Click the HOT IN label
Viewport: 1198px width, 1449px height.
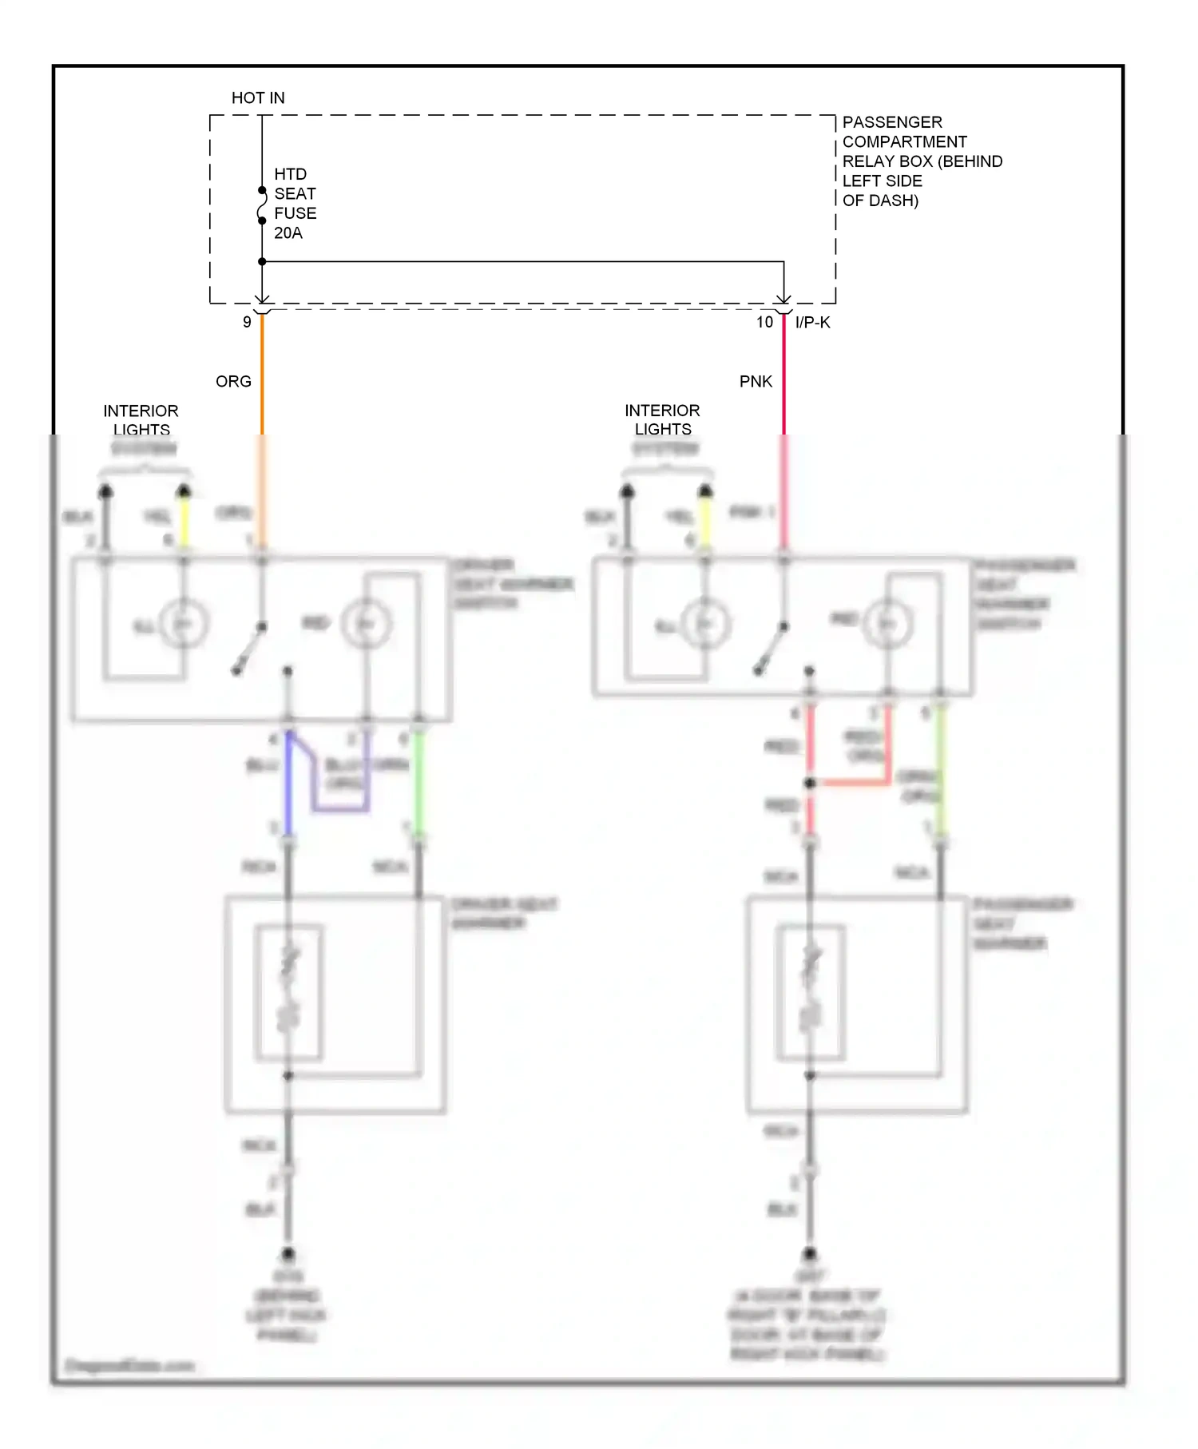pyautogui.click(x=258, y=98)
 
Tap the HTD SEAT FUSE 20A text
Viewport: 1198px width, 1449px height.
pyautogui.click(x=295, y=204)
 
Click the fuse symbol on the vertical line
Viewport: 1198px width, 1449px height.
pyautogui.click(x=262, y=205)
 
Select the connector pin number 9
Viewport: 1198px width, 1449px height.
pyautogui.click(x=247, y=322)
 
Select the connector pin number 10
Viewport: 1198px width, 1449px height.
pyautogui.click(x=764, y=322)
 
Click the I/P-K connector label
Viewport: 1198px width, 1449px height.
pyautogui.click(x=812, y=322)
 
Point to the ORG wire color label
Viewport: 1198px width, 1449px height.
pyautogui.click(x=233, y=382)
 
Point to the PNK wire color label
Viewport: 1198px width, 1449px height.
pyautogui.click(x=756, y=382)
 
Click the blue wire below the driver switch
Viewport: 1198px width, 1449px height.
pyautogui.click(x=288, y=783)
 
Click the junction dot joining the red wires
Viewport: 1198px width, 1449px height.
pyautogui.click(x=810, y=783)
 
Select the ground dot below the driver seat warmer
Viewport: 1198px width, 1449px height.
pyautogui.click(x=288, y=1253)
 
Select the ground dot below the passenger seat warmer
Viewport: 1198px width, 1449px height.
pyautogui.click(x=810, y=1253)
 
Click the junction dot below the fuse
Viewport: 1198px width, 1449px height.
pyautogui.click(x=262, y=261)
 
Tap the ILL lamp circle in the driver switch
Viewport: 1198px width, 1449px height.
pyautogui.click(x=184, y=624)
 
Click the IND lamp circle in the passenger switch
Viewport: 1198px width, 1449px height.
pyautogui.click(x=887, y=624)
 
